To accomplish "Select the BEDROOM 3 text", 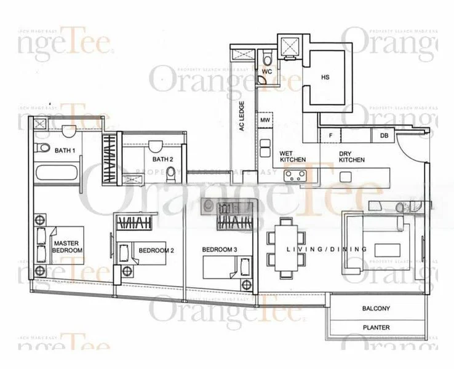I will coord(220,250).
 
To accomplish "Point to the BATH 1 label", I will coord(65,151).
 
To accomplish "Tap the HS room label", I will coord(326,78).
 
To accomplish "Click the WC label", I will coord(266,72).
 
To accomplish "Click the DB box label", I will coord(384,136).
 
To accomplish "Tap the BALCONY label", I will coord(375,309).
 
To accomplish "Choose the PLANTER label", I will coord(375,328).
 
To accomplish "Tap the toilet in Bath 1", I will coord(42,149).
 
